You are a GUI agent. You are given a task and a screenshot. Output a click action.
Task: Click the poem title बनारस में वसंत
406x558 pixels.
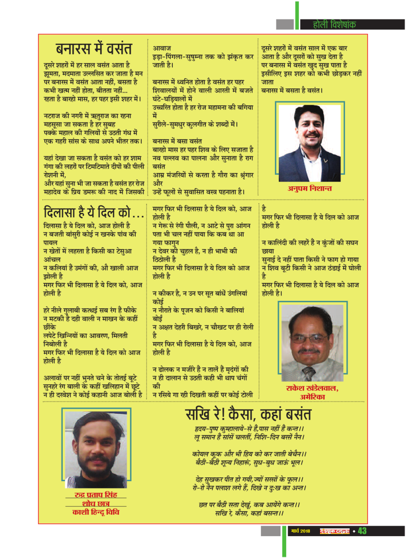point(94,49)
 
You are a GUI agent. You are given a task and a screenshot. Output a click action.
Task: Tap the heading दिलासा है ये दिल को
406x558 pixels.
point(94,212)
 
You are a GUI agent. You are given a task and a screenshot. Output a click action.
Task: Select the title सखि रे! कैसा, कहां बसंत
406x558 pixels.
point(248,414)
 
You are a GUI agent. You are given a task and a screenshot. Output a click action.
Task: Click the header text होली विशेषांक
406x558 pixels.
point(334,24)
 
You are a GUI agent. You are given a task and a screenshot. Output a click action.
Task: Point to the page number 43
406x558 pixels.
point(362,531)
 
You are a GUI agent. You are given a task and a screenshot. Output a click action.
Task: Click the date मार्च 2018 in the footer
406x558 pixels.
point(300,531)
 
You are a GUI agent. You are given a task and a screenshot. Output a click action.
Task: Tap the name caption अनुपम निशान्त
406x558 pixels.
point(309,189)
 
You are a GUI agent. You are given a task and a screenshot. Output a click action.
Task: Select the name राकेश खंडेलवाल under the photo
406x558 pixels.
point(312,388)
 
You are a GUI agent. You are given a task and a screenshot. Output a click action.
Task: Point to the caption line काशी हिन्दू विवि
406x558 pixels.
point(95,512)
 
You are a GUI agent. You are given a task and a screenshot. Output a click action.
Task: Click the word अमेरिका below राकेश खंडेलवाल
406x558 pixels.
point(312,397)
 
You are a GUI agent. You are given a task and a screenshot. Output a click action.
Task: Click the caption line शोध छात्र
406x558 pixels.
point(95,503)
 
